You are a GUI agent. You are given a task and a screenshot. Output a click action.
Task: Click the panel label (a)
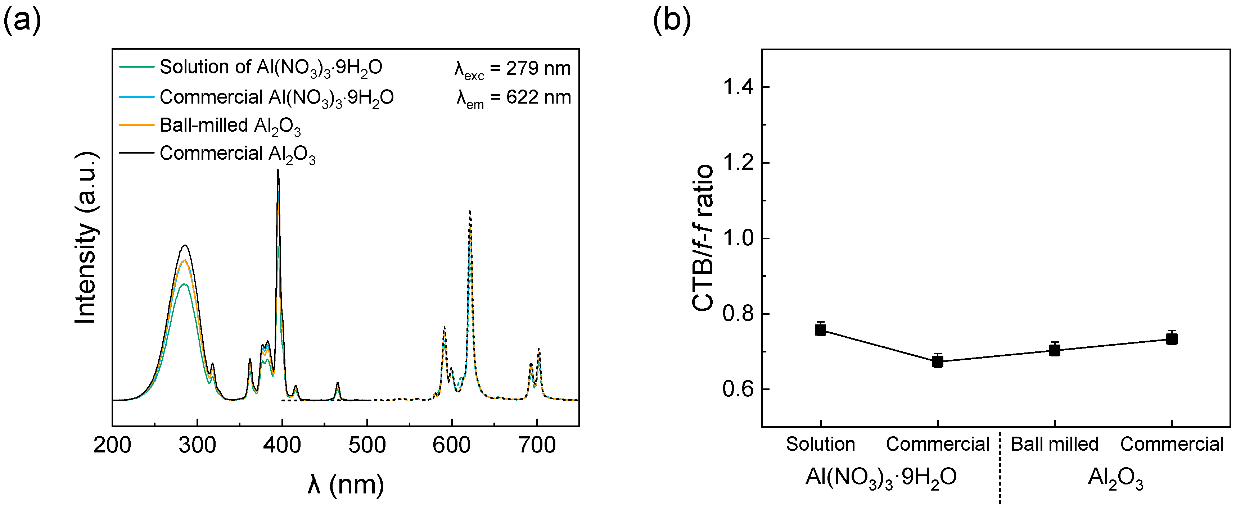coord(22,21)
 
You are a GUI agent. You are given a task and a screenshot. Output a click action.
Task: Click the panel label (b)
coord(672,21)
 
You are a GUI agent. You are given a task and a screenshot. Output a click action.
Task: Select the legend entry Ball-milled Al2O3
coord(230,126)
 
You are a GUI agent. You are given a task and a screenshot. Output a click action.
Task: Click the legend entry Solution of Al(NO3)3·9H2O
coord(271,68)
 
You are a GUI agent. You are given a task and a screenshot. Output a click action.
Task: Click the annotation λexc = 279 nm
coord(513,69)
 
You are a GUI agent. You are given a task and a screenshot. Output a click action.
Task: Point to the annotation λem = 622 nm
coord(513,98)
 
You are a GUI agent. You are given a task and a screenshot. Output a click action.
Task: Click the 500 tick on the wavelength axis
coord(367,445)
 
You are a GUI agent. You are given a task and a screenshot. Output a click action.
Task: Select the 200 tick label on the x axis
coord(112,445)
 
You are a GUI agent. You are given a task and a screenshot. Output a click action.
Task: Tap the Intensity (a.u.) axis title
coord(86,238)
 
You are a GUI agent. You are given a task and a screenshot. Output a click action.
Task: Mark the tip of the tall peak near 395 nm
coord(278,170)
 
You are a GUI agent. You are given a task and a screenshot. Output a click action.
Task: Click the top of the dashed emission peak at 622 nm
coord(470,211)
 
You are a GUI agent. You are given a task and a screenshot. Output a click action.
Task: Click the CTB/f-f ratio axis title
coord(703,238)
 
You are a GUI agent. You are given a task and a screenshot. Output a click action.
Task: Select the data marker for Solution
coord(821,330)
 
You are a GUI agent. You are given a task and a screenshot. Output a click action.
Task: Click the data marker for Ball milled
coord(1055,350)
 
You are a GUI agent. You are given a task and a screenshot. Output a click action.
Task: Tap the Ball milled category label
coord(1055,444)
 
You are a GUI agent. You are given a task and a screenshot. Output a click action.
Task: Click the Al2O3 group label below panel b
coord(1115,478)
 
